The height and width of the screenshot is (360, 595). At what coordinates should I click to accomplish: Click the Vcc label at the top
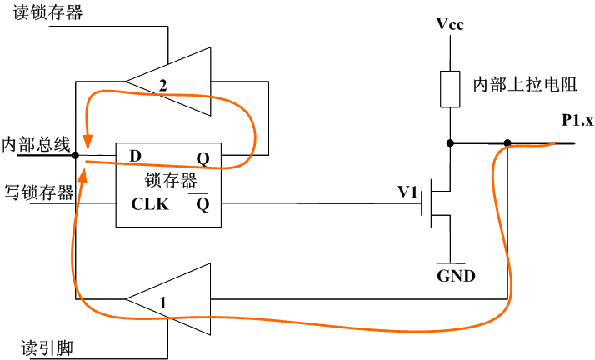point(450,23)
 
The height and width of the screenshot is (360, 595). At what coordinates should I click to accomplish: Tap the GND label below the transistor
point(456,275)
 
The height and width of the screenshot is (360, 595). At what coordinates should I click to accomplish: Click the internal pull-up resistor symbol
point(450,89)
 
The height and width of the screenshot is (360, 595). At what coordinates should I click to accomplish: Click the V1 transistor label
point(407,192)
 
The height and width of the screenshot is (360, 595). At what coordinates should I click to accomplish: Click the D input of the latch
point(134,156)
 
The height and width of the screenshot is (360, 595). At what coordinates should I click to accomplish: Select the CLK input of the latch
point(150,202)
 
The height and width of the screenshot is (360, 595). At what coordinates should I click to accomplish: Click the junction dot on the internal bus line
point(75,155)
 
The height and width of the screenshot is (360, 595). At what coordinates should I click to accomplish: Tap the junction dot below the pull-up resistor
point(450,143)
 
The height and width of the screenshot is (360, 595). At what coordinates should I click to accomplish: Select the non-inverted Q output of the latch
point(202,157)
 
